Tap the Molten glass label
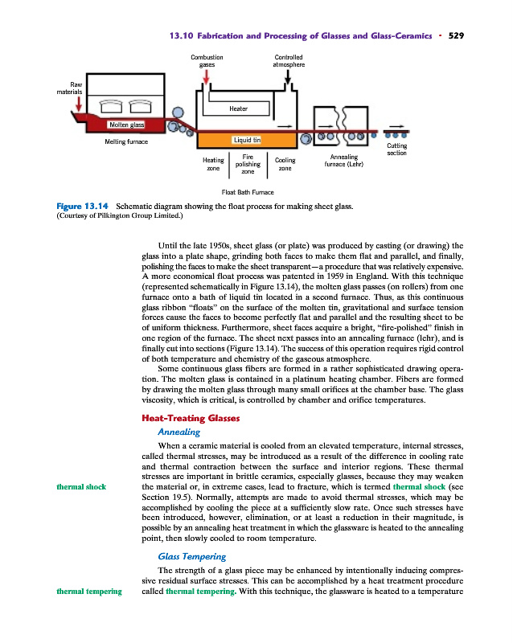[126, 125]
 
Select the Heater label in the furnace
[239, 108]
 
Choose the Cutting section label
[397, 149]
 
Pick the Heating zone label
[213, 164]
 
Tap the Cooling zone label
[285, 164]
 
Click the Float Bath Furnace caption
[247, 192]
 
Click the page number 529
[457, 35]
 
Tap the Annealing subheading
[179, 432]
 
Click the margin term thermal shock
[80, 487]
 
